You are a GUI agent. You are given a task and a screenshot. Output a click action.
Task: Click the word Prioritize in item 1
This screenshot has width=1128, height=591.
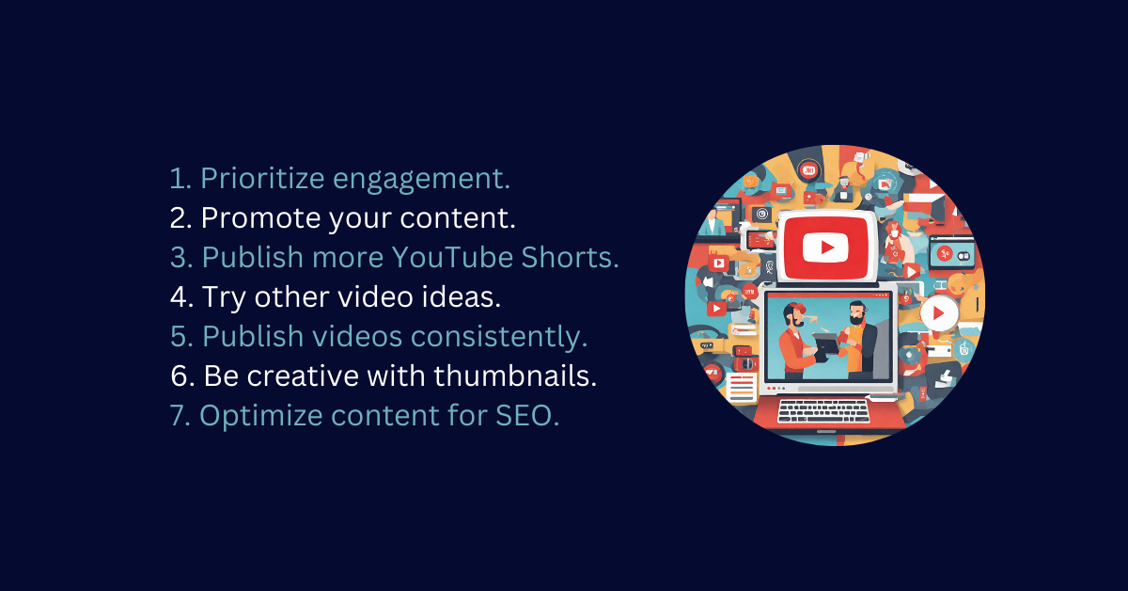(x=262, y=179)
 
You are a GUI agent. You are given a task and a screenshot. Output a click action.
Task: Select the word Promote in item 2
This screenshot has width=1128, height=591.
(x=260, y=217)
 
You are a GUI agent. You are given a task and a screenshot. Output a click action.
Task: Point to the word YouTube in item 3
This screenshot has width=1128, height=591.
(x=452, y=257)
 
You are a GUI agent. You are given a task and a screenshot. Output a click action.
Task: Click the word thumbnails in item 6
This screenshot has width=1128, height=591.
(x=515, y=375)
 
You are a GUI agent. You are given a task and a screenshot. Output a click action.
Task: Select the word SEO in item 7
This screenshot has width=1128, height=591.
(x=527, y=416)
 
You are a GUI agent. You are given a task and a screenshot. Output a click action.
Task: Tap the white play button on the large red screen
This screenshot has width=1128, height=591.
(x=825, y=248)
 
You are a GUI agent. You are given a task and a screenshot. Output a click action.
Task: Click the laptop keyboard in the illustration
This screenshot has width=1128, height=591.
(x=822, y=411)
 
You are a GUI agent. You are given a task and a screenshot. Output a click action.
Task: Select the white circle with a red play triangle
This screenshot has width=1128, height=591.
(x=939, y=313)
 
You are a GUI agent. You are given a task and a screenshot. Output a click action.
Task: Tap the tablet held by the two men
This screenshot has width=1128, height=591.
(x=826, y=343)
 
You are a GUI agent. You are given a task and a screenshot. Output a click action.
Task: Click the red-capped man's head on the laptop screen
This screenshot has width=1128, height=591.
(x=793, y=314)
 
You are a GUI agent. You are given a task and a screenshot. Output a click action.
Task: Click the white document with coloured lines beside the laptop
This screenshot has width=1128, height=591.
(x=742, y=388)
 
